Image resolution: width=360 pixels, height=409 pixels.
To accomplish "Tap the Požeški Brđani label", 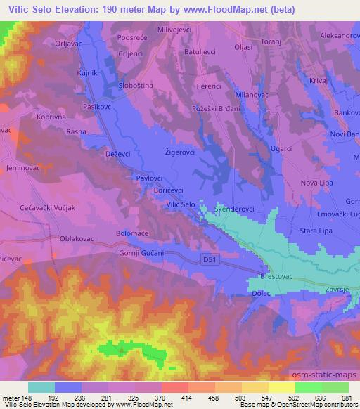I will (x=216, y=109).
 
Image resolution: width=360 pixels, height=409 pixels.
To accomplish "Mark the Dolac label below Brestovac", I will (x=262, y=295).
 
